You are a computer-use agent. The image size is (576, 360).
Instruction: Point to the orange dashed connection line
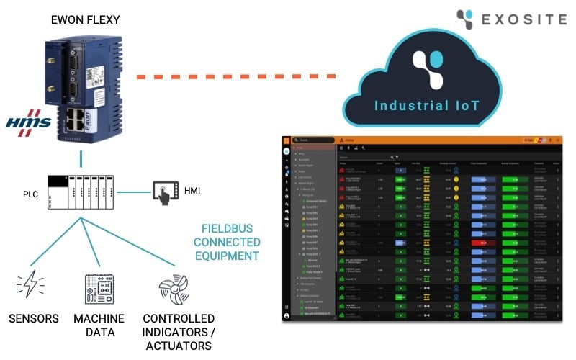click(x=238, y=75)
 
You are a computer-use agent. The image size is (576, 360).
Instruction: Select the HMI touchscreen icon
click(x=165, y=192)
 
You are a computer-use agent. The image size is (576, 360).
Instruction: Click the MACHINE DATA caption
click(x=99, y=325)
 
